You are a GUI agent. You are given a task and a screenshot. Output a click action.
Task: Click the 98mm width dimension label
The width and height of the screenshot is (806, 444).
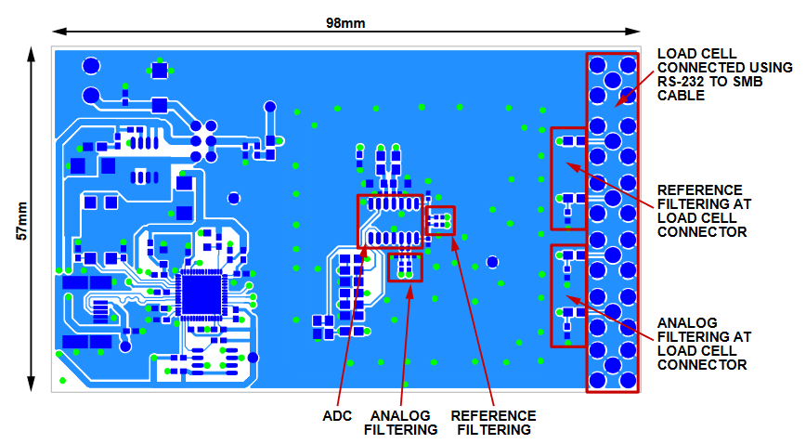pos(345,23)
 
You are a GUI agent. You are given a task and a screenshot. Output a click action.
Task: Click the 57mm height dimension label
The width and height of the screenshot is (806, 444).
pos(21,221)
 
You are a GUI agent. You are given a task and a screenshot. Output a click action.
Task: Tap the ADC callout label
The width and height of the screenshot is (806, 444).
pos(337,416)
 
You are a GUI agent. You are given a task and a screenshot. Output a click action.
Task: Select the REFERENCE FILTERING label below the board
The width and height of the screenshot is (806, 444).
pos(493,423)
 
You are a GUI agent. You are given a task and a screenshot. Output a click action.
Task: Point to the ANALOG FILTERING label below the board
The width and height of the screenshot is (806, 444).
pos(401,423)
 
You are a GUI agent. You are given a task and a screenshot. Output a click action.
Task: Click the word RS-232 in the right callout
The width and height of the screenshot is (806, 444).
pos(680,82)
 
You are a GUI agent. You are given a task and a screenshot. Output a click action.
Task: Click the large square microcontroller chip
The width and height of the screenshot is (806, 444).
pos(201,294)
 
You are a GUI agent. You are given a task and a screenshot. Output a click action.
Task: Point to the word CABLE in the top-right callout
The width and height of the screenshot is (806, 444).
pos(681,95)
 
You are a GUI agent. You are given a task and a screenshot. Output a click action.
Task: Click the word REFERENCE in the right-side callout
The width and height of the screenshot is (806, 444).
pos(699,189)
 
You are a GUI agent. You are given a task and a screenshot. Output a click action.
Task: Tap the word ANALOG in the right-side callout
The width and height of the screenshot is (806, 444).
pos(687,322)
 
